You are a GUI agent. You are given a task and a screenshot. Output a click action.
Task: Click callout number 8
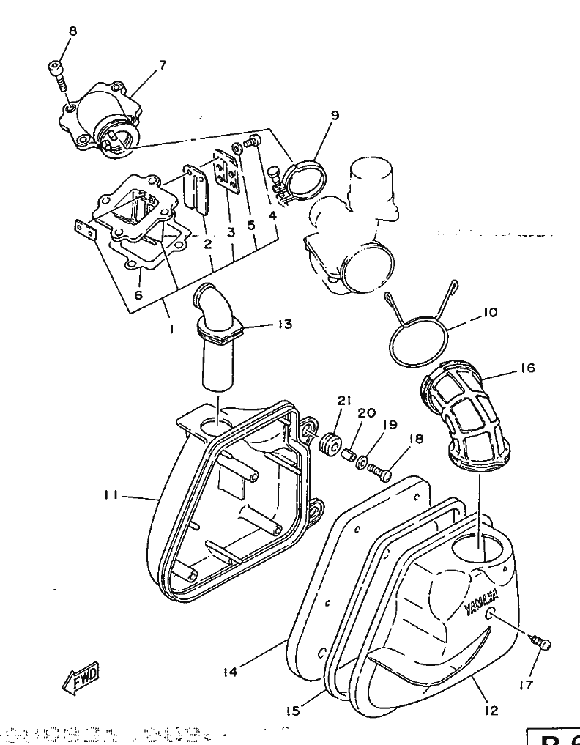click(x=72, y=31)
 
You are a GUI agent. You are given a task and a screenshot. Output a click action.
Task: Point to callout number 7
click(x=162, y=64)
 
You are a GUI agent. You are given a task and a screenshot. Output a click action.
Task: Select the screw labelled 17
click(x=541, y=643)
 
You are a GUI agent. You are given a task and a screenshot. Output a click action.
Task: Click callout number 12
click(x=491, y=710)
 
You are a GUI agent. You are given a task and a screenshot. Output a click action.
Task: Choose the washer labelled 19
click(x=362, y=461)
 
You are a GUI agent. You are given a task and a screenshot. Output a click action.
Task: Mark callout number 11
click(x=111, y=496)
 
